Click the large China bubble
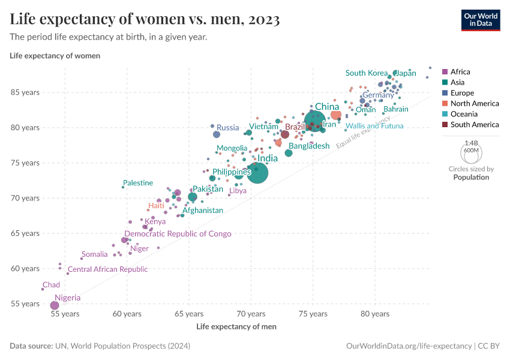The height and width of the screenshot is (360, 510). pos(315,121)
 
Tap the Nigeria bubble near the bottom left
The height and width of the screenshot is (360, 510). pos(55,305)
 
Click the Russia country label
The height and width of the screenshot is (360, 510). pos(227,127)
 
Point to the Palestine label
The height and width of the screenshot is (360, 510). pos(138,183)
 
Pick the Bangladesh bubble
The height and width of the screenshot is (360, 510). pos(289,153)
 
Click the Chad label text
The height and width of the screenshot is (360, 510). pos(51,285)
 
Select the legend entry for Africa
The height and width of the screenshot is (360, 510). pos(460,71)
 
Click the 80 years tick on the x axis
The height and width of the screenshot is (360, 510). pos(375,314)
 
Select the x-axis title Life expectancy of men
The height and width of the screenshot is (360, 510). pos(236,326)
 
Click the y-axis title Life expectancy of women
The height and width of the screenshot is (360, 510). pos(55,56)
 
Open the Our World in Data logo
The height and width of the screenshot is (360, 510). pos(480,20)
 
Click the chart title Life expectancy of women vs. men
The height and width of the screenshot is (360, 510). pos(145,20)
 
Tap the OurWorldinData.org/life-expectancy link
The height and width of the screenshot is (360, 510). pos(409,346)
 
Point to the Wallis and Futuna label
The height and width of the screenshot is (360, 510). pos(375,126)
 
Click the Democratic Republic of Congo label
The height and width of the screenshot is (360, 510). pos(178,234)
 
